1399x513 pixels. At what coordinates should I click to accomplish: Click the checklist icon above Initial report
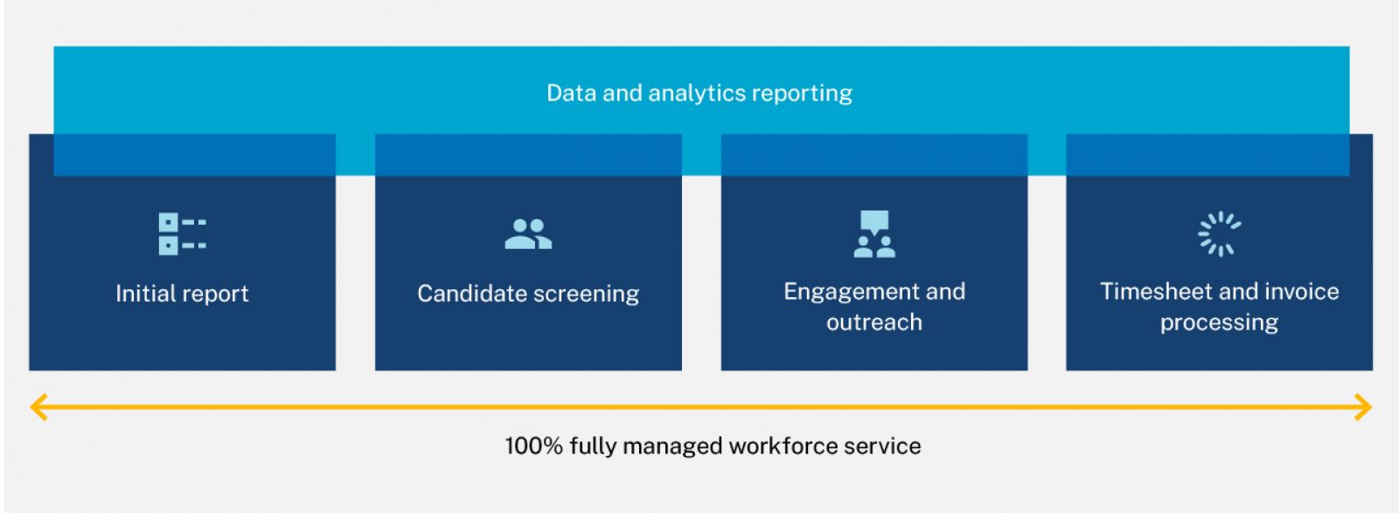[183, 234]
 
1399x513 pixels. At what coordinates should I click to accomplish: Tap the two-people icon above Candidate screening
[528, 234]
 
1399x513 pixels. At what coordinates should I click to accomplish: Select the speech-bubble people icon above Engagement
[874, 234]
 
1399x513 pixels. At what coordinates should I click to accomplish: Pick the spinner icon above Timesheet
[1219, 234]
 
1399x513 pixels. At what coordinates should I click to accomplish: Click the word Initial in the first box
[143, 294]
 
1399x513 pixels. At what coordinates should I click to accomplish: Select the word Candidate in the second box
[468, 294]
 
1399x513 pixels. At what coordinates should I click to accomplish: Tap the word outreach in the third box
[874, 322]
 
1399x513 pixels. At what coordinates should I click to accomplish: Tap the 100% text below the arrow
[534, 447]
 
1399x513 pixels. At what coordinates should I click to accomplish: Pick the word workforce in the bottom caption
[783, 447]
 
